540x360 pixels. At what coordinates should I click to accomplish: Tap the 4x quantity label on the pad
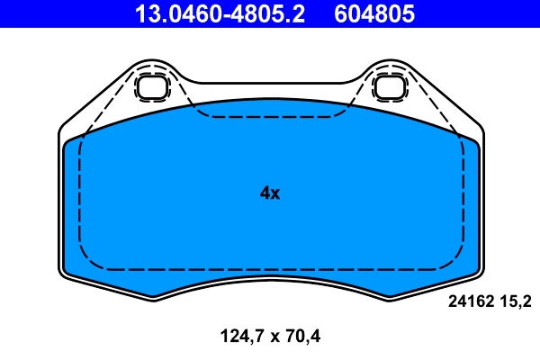tap(269, 193)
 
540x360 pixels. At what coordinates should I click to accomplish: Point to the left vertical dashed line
tap(81, 198)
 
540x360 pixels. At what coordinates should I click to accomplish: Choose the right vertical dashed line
tap(460, 198)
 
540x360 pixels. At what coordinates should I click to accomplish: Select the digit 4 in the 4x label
tap(265, 193)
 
